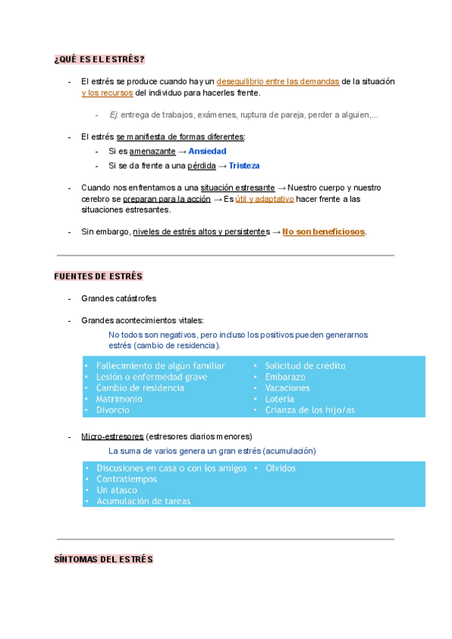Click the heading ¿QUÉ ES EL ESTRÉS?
pos(99,60)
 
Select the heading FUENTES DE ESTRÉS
pos(99,277)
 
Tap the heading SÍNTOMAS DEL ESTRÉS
pos(103,560)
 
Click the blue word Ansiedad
pos(207,151)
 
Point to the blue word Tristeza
pos(244,166)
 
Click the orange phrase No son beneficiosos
pos(323,231)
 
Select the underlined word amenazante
pos(153,151)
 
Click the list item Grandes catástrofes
pos(119,298)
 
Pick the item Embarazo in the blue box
pos(285,377)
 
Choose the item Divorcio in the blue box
pos(113,410)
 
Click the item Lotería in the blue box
pos(279,399)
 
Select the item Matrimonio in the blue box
pos(119,399)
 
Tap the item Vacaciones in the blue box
pos(287,388)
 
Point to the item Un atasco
pos(117,490)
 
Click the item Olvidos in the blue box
pos(280,468)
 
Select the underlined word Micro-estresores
pos(111,436)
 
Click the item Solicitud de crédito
pos(305,365)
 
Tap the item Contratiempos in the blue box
pos(127,479)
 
